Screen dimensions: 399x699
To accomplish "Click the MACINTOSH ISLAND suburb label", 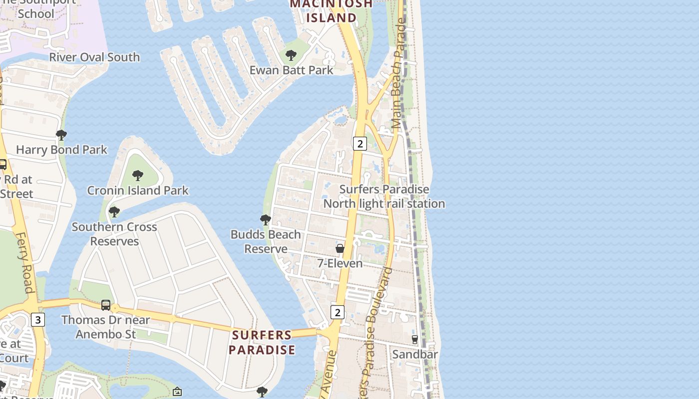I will click(x=331, y=11).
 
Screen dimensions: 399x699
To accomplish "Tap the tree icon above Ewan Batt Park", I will click(x=291, y=55).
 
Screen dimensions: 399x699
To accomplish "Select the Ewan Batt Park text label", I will click(x=291, y=70).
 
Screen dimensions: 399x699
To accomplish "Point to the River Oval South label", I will click(x=94, y=57).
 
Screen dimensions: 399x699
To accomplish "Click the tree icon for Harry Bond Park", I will click(x=61, y=135).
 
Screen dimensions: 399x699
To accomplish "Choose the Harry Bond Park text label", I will click(x=61, y=150).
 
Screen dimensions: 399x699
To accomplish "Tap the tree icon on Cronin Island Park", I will click(x=138, y=176).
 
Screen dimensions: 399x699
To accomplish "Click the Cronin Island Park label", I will click(x=138, y=191).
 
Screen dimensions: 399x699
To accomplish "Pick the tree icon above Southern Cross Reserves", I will click(x=114, y=212).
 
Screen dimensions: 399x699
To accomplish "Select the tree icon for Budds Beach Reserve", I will click(x=266, y=219).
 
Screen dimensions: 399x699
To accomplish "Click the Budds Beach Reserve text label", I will click(x=266, y=241).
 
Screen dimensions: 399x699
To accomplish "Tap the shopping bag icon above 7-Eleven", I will click(x=340, y=248).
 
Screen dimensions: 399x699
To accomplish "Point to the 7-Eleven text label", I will click(x=340, y=263).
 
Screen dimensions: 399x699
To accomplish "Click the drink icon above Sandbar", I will click(x=414, y=340).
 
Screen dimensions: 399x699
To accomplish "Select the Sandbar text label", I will click(x=415, y=355).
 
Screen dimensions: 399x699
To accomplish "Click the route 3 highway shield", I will click(x=38, y=319).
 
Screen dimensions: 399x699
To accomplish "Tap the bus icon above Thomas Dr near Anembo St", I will click(x=106, y=305).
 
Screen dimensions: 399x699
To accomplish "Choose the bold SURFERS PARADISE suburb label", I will click(x=262, y=342).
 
